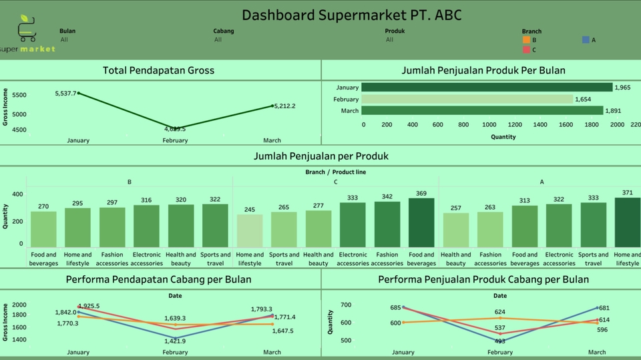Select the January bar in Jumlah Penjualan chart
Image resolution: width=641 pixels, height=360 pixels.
click(487, 87)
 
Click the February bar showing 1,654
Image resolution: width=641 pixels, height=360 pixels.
click(467, 100)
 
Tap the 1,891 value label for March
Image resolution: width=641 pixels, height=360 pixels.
click(613, 111)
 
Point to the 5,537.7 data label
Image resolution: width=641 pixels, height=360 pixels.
click(65, 94)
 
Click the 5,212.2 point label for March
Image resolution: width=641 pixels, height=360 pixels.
click(284, 106)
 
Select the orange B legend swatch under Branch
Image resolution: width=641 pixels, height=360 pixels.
click(526, 40)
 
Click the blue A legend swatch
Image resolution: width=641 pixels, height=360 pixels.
click(586, 40)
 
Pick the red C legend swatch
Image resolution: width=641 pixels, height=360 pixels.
click(526, 49)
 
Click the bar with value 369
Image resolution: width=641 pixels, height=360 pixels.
click(421, 222)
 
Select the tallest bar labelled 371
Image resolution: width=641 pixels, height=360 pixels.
click(627, 222)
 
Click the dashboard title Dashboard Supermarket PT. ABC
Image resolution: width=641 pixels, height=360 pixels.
click(351, 15)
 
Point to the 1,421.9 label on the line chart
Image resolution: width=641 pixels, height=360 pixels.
click(175, 341)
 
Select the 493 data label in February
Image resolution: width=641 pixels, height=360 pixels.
click(499, 341)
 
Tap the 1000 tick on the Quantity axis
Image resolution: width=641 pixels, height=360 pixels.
click(489, 124)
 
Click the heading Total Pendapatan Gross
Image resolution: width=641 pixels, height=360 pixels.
click(158, 70)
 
